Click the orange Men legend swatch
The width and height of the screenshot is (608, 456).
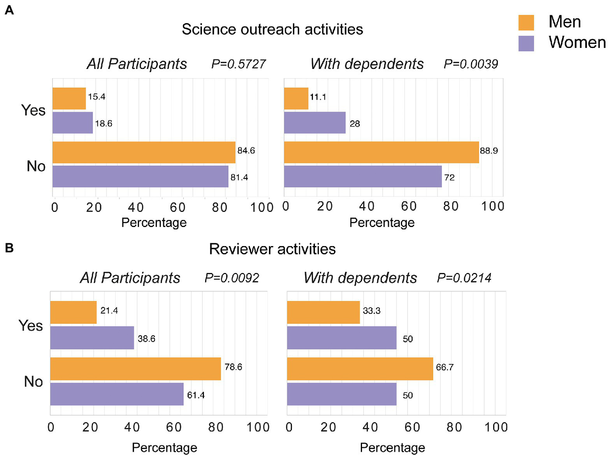tap(526, 23)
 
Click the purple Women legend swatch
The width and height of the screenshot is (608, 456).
tap(526, 43)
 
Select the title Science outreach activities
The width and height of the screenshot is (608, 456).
tap(272, 29)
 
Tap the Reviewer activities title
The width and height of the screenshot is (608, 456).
tap(272, 249)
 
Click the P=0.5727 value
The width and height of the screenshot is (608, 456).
tap(238, 64)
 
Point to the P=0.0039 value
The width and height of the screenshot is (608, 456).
tap(471, 64)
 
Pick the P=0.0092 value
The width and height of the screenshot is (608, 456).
tap(232, 278)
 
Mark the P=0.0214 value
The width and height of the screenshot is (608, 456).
tap(464, 278)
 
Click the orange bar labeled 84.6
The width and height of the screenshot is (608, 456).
tap(144, 152)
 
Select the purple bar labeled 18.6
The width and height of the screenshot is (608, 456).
tap(72, 123)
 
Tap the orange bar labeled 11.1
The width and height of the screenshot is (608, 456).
tap(296, 98)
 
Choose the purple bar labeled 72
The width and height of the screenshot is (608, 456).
tap(362, 176)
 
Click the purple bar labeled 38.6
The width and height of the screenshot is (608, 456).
tap(92, 338)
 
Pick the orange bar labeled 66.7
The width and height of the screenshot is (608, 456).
tap(360, 369)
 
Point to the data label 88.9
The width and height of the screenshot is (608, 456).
tap(489, 151)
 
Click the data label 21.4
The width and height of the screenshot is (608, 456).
tap(109, 311)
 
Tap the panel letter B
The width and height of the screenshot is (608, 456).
tap(9, 248)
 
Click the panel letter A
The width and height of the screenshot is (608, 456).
tap(9, 10)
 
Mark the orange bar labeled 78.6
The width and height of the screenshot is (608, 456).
tap(135, 369)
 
